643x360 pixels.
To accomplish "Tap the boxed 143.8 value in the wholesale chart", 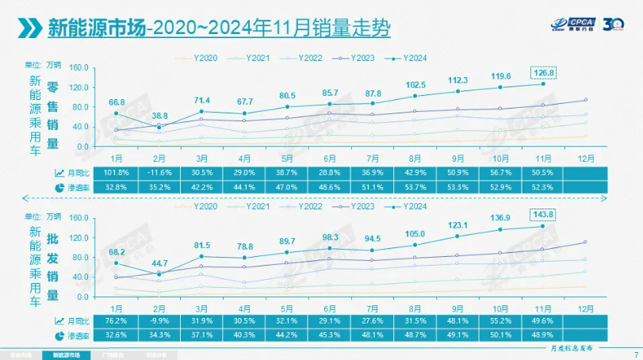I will [543, 216].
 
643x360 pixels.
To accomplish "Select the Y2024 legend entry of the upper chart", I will [410, 58].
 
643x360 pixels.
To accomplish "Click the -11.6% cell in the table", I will [160, 173].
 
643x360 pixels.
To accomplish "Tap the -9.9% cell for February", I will [160, 321].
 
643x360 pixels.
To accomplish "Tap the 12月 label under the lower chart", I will [586, 308].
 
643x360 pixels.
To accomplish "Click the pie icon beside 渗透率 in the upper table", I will [59, 188].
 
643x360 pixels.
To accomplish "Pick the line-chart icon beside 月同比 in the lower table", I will [59, 321].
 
